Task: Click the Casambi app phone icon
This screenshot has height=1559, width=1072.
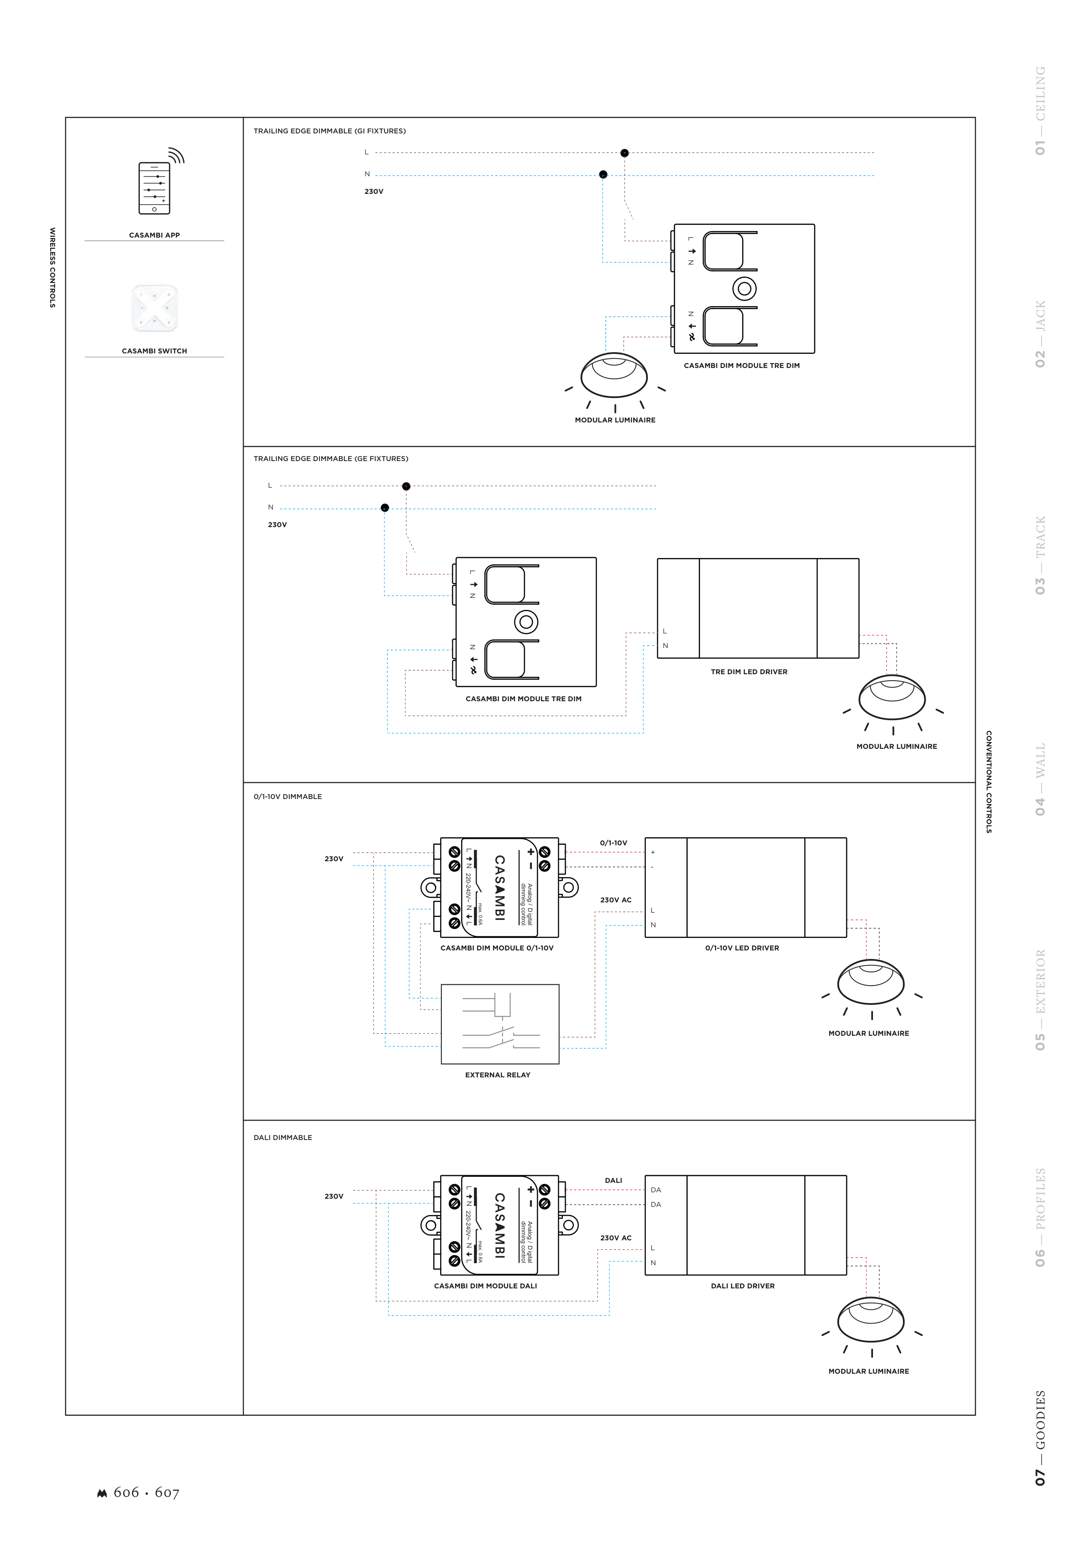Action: (x=154, y=188)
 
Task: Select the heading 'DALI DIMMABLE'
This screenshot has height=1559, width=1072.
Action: (x=283, y=1137)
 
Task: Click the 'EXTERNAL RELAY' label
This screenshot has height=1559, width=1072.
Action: (x=498, y=1075)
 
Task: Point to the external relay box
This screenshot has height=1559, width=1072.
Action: (x=500, y=1024)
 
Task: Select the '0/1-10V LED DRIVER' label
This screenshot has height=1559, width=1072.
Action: (x=742, y=948)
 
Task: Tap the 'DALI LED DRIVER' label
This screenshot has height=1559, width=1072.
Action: (x=743, y=1286)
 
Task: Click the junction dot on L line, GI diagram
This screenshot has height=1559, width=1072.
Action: (x=625, y=153)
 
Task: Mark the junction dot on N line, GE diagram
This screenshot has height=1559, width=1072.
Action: (x=385, y=507)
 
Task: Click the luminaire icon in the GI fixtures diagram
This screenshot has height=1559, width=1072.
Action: (x=615, y=381)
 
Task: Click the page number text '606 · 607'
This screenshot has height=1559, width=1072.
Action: (x=146, y=1493)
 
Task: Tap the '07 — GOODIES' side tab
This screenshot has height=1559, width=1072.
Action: (x=1040, y=1438)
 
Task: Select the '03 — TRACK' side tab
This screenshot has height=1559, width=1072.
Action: (x=1040, y=555)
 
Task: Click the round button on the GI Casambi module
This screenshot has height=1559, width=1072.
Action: (x=744, y=289)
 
